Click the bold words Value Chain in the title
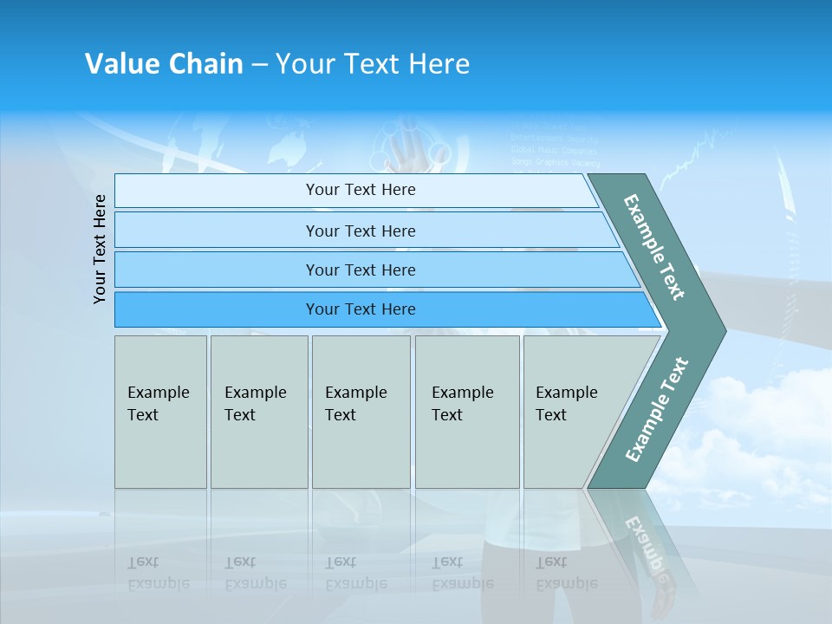pyautogui.click(x=164, y=64)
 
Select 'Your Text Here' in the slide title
pyautogui.click(x=373, y=64)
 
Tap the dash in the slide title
pyautogui.click(x=259, y=64)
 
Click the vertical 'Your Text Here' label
pyautogui.click(x=100, y=249)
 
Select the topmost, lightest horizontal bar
pyautogui.click(x=355, y=190)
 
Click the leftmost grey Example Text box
pyautogui.click(x=160, y=412)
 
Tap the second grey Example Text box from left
pyautogui.click(x=258, y=412)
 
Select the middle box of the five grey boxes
pyautogui.click(x=361, y=412)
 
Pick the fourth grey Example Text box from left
pyautogui.click(x=466, y=412)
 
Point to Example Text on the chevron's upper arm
pyautogui.click(x=654, y=247)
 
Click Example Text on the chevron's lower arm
pyautogui.click(x=656, y=410)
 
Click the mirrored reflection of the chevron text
pyautogui.click(x=646, y=546)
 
